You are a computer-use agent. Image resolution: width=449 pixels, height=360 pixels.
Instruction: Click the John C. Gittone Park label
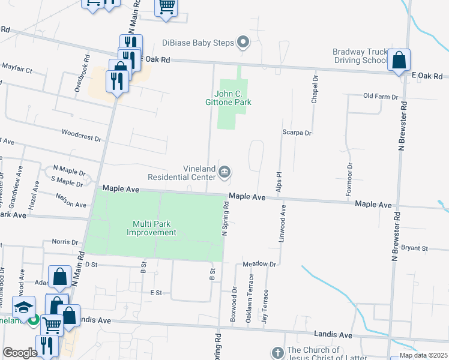(232, 98)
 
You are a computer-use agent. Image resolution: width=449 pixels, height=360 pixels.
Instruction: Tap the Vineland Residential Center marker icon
(224, 173)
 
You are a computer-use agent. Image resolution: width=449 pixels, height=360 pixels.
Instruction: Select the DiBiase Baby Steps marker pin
(243, 42)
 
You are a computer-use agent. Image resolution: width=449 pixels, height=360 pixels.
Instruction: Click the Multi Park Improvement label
(151, 229)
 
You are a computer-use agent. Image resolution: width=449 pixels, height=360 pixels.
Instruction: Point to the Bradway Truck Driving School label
(360, 56)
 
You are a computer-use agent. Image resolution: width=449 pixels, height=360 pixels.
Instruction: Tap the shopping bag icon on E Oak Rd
(399, 61)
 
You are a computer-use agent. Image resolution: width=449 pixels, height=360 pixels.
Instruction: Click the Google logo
(20, 353)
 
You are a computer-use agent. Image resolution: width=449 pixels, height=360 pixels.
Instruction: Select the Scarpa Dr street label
(297, 133)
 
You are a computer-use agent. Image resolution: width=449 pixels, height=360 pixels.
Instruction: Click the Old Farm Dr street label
(381, 96)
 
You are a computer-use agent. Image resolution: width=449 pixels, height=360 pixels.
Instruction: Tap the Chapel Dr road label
(314, 89)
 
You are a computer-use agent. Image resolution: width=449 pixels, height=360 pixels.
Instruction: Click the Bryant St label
(414, 247)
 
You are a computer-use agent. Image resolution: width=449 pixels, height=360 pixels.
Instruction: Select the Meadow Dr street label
(259, 264)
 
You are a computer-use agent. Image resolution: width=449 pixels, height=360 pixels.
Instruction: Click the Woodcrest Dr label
(81, 135)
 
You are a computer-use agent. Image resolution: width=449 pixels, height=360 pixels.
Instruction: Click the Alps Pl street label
(278, 179)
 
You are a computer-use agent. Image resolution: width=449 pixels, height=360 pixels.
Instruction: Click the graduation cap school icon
(23, 307)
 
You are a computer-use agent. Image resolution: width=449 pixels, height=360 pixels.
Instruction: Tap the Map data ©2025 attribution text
(423, 355)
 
